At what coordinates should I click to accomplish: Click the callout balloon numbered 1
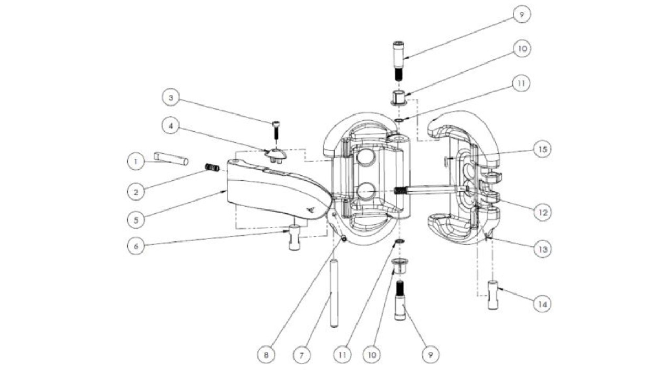(x=135, y=161)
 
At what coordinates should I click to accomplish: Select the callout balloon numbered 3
(x=171, y=98)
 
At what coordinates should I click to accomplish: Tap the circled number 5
(x=136, y=220)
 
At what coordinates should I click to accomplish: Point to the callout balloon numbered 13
(x=543, y=249)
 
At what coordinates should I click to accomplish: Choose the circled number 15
(x=542, y=149)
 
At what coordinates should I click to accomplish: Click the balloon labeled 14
(x=542, y=304)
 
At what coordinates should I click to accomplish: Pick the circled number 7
(x=301, y=355)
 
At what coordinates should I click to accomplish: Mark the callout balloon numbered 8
(x=266, y=355)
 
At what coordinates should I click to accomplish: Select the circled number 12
(x=543, y=213)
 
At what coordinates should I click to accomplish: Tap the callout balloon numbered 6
(x=136, y=246)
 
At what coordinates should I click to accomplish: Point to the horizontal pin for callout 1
(x=171, y=159)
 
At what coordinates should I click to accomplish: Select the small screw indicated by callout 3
(x=276, y=130)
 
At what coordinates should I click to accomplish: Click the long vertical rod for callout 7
(x=333, y=293)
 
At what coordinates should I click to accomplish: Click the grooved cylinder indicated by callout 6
(x=295, y=238)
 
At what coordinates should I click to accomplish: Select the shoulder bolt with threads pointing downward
(x=398, y=61)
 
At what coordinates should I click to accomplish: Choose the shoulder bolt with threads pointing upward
(x=400, y=301)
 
